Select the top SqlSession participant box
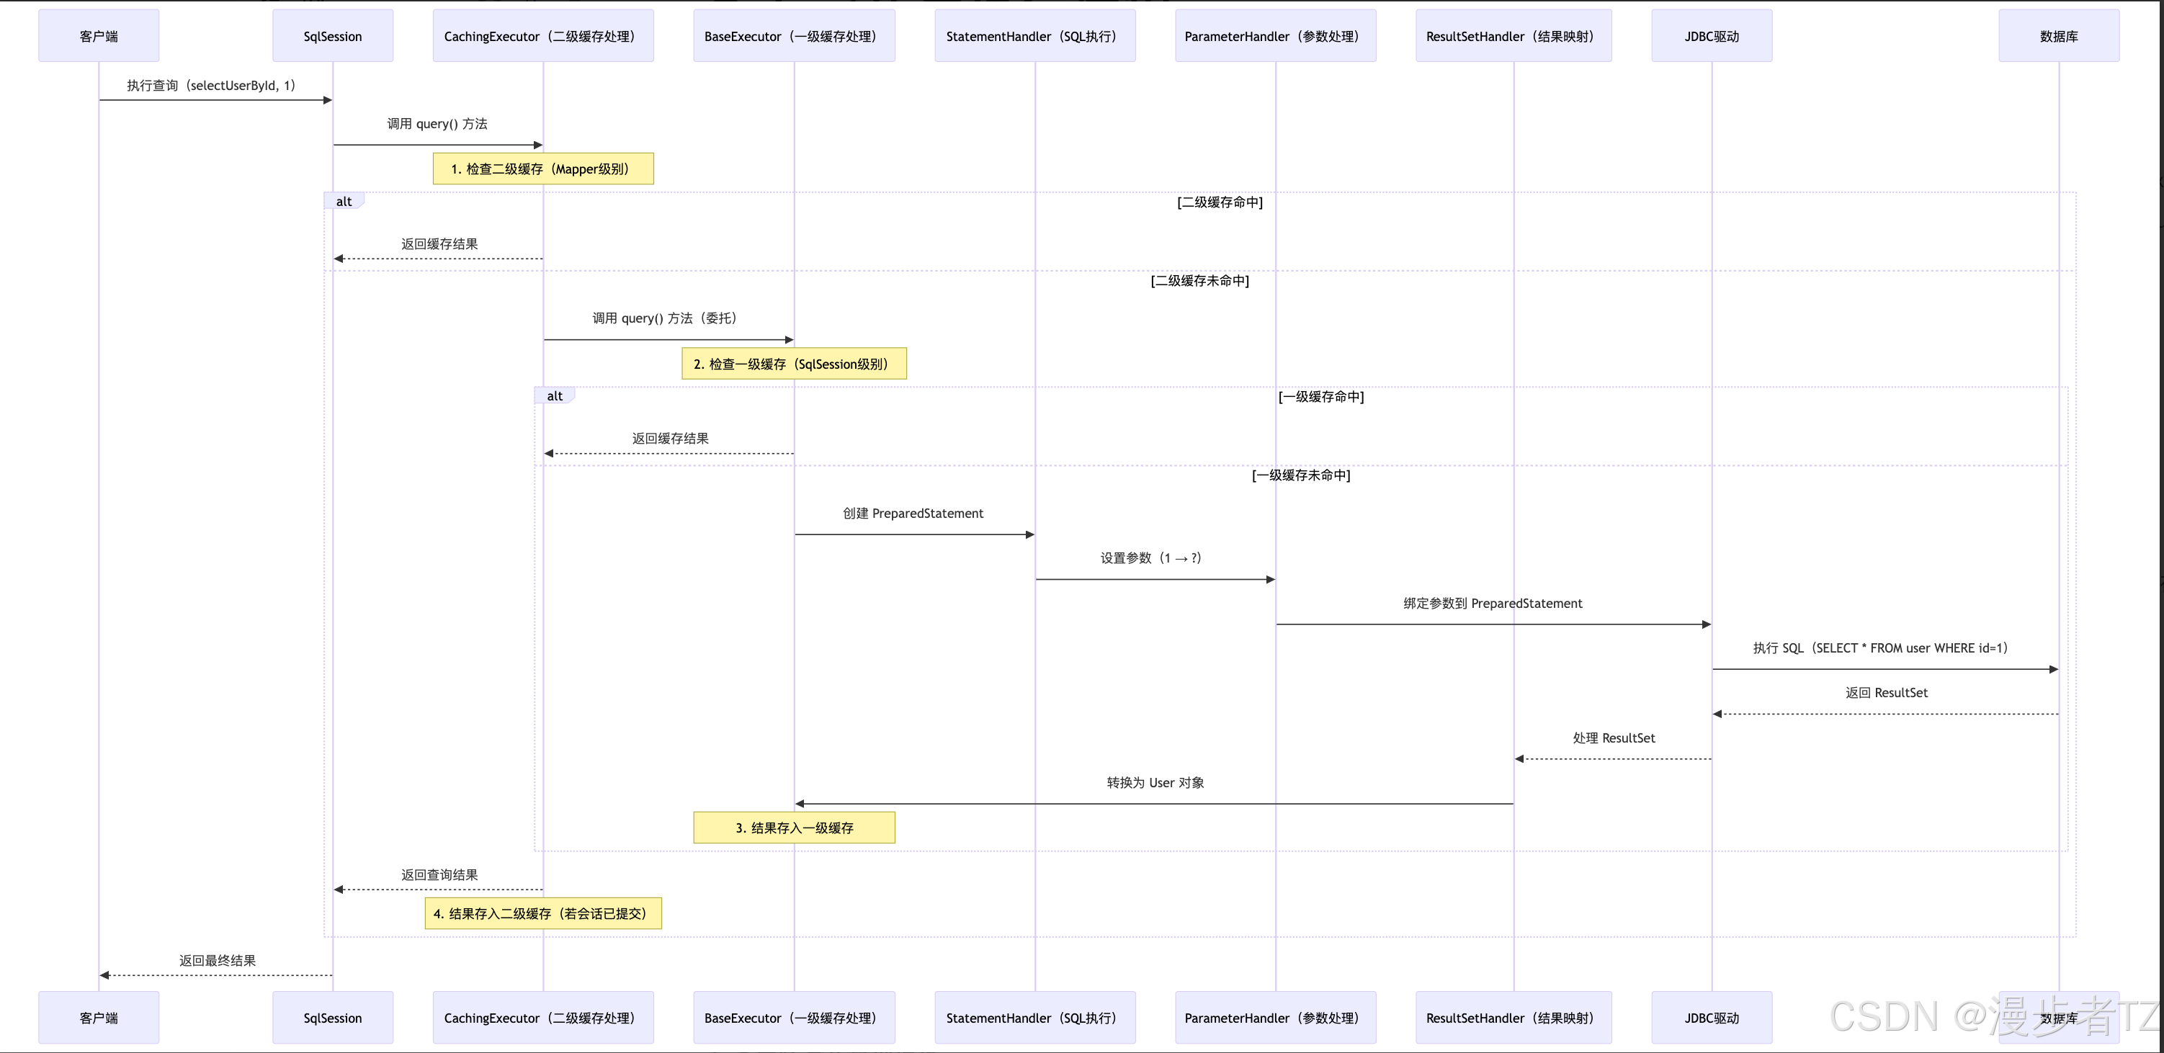[x=333, y=36]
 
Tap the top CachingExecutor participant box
[x=542, y=36]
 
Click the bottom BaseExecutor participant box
[x=794, y=1018]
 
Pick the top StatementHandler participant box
[x=1035, y=36]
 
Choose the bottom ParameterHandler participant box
[x=1275, y=1018]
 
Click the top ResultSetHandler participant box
[x=1513, y=36]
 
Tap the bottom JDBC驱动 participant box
[x=1711, y=1018]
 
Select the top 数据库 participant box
[x=2058, y=36]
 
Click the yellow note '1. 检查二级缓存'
[x=542, y=169]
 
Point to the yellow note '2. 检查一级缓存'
[x=794, y=364]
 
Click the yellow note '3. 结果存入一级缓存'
[x=794, y=828]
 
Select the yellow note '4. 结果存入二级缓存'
[x=542, y=913]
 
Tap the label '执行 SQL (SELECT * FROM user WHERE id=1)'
[x=1880, y=648]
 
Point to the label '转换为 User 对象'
[x=1155, y=783]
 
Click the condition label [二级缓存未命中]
[x=1199, y=280]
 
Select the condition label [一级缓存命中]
[x=1320, y=396]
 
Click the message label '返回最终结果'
[x=217, y=961]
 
